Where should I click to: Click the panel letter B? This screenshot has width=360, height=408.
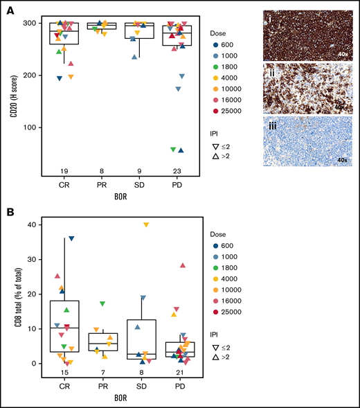[x=6, y=209]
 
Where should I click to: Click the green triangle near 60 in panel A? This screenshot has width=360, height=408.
[x=172, y=150]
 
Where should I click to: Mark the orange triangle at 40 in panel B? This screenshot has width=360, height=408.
[x=146, y=224]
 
